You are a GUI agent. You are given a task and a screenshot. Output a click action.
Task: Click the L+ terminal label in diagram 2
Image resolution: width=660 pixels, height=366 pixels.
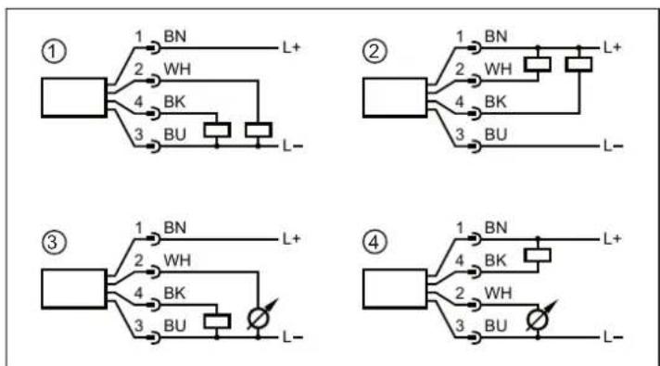(x=612, y=45)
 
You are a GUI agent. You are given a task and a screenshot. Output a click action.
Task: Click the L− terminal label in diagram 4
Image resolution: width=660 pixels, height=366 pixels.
(x=612, y=335)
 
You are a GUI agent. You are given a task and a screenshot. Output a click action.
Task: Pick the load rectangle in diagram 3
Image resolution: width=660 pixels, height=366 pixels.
(x=217, y=320)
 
